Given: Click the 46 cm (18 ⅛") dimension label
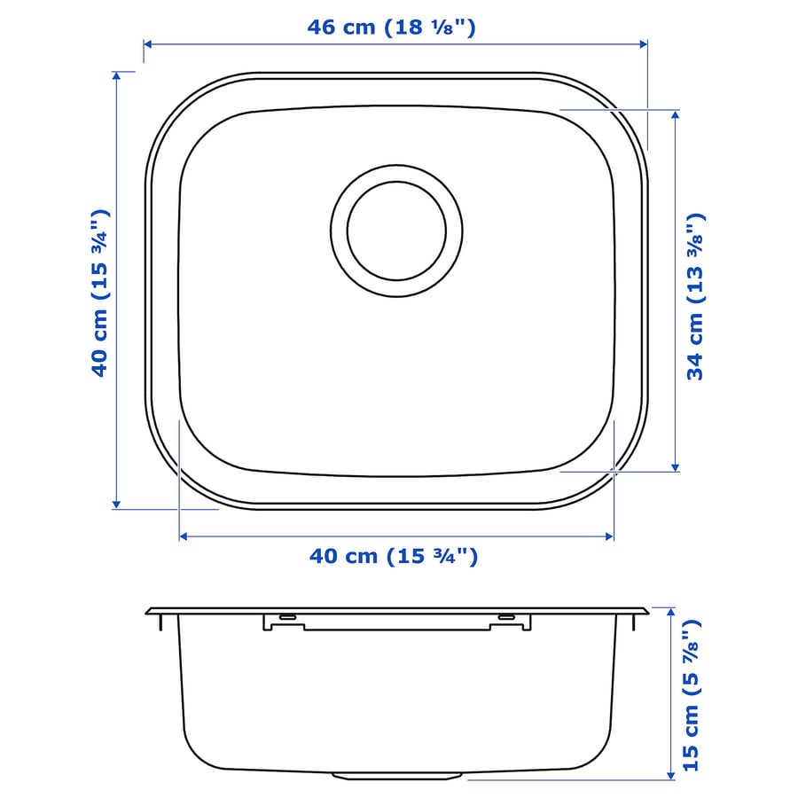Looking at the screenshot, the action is coord(391,27).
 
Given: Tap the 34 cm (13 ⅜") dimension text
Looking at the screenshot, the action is coord(696,296).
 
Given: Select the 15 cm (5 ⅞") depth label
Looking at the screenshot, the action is coord(691,694).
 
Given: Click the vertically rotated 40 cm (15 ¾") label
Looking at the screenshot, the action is coord(99,293).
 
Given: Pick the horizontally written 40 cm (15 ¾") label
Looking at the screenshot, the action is coord(394,556).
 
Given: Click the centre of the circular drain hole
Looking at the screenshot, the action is coord(396,231).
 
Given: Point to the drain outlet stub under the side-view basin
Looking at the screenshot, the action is coord(396,776).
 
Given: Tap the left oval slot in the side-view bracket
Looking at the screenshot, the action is coord(287,617).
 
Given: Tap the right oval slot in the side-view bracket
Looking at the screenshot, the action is coord(506,617).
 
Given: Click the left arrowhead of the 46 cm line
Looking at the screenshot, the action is coord(148,44).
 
